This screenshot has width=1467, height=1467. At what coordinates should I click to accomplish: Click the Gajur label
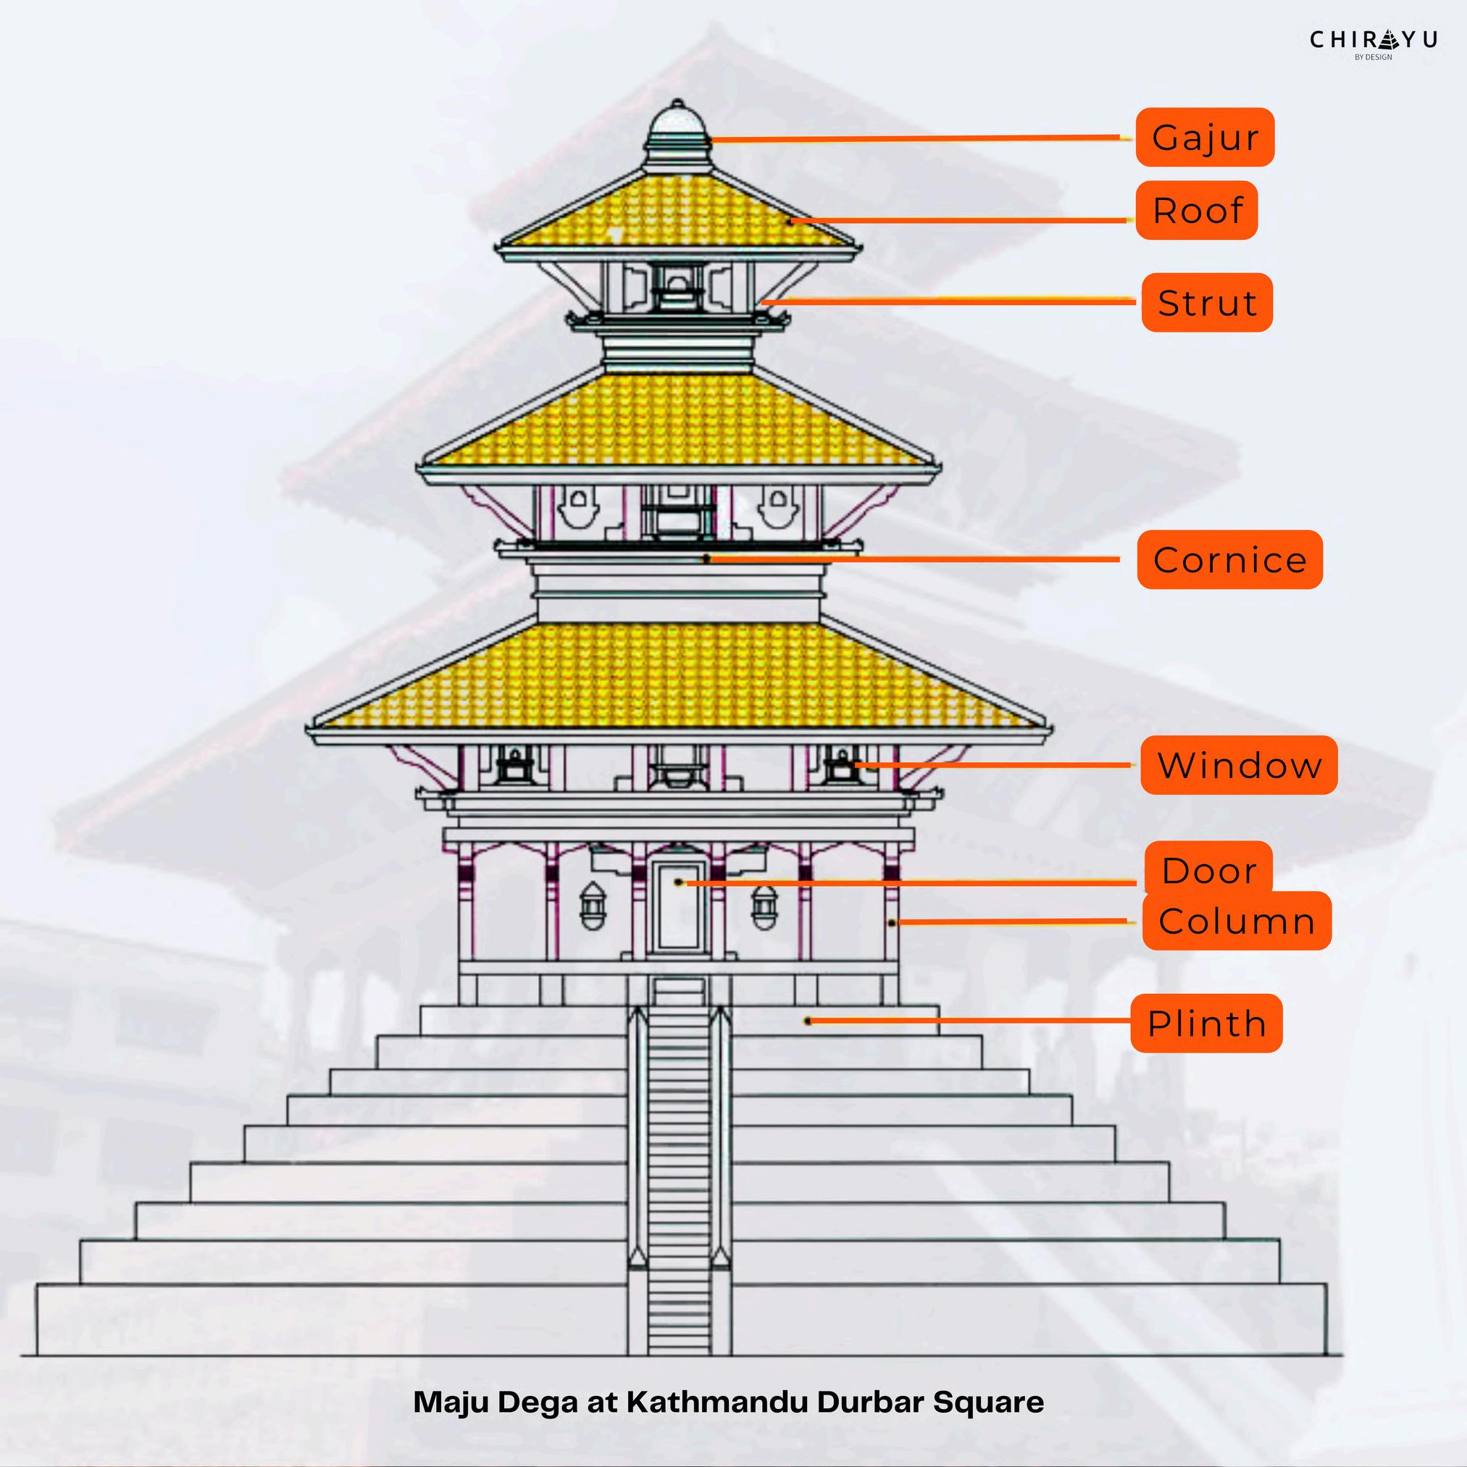pyautogui.click(x=1204, y=138)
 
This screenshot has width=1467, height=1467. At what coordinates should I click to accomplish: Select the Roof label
pyautogui.click(x=1197, y=210)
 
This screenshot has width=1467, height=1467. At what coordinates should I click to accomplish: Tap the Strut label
pyautogui.click(x=1206, y=302)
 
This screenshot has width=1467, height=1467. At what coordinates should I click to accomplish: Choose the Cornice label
pyautogui.click(x=1229, y=559)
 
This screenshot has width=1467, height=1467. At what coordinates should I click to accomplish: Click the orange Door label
pyautogui.click(x=1208, y=869)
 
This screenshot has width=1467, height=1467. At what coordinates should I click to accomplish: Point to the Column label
pyautogui.click(x=1236, y=921)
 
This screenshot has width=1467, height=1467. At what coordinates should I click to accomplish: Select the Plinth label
pyautogui.click(x=1205, y=1023)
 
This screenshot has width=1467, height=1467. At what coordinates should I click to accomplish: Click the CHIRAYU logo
pyautogui.click(x=1373, y=43)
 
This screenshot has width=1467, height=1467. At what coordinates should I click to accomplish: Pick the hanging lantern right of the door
pyautogui.click(x=764, y=908)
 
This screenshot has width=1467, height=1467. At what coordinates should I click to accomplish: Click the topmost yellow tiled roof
pyautogui.click(x=677, y=209)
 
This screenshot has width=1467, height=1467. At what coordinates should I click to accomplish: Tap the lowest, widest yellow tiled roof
pyautogui.click(x=677, y=676)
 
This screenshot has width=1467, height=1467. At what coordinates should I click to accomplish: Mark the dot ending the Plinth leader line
pyautogui.click(x=808, y=1021)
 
